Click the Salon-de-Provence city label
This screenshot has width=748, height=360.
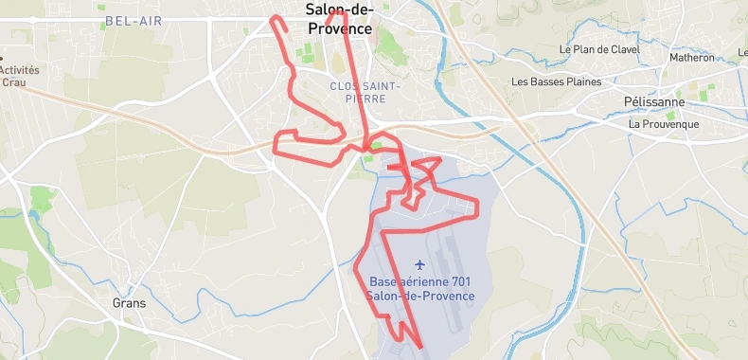point(340,19)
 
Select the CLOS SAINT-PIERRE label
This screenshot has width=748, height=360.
point(365,92)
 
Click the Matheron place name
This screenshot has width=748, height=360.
point(692,58)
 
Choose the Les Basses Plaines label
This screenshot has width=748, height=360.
point(557,81)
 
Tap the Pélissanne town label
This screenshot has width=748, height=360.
point(654,101)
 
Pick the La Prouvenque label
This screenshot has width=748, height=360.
point(664,124)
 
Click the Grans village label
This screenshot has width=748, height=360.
point(129,304)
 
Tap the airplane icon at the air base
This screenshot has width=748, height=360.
point(419,264)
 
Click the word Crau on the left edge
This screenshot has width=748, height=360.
point(13,82)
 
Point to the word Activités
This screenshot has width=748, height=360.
point(19,70)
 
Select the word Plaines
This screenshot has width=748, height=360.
point(582,81)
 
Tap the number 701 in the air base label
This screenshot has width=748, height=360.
point(460,282)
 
